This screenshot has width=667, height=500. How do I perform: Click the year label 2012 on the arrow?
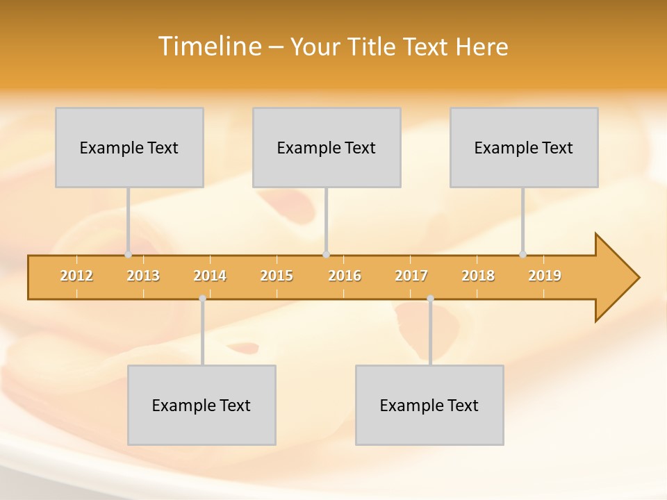[76, 276]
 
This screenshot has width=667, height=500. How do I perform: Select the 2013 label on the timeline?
[143, 276]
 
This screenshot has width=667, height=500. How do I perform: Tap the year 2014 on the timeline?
[210, 276]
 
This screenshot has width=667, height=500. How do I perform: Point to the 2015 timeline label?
[277, 276]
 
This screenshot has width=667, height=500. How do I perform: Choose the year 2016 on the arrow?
[345, 276]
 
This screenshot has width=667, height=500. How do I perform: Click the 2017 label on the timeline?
[411, 276]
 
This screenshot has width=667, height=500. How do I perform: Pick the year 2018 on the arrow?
[478, 276]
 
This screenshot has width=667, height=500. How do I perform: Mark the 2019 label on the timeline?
[545, 276]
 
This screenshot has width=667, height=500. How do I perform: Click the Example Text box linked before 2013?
[129, 148]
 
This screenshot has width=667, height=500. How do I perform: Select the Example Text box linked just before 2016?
[327, 148]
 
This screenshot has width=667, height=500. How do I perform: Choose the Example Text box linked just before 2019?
[524, 148]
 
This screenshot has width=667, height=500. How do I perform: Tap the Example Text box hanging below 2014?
[201, 406]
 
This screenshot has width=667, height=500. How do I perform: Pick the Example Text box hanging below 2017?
[429, 406]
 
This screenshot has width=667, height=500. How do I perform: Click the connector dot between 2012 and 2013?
[128, 254]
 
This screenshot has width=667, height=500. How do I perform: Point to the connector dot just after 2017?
[430, 299]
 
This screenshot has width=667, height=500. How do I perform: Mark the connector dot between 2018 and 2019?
[522, 254]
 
